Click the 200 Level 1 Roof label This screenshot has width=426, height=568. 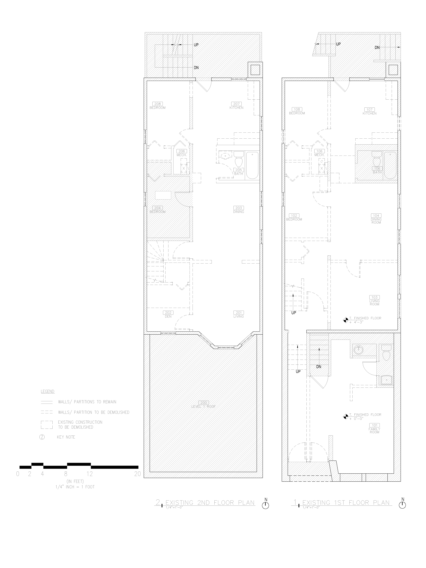pyautogui.click(x=203, y=404)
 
